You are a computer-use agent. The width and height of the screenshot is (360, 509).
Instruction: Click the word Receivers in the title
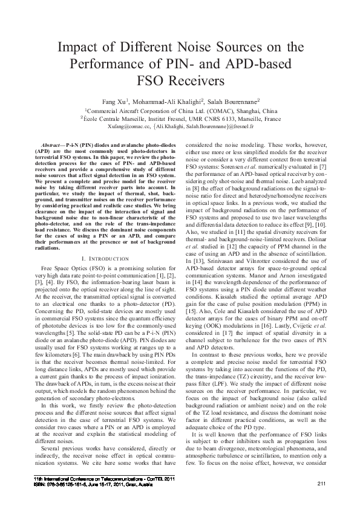tap(194, 79)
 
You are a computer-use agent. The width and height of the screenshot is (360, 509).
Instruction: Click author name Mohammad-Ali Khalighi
tap(169, 101)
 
